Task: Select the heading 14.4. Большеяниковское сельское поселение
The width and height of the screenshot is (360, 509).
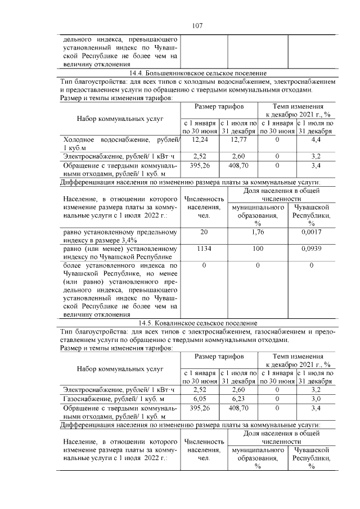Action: pyautogui.click(x=197, y=74)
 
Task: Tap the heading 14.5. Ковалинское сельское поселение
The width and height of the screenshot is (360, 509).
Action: pyautogui.click(x=197, y=323)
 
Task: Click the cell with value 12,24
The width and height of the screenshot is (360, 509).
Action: pyautogui.click(x=200, y=139)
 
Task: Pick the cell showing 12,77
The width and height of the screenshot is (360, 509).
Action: pyautogui.click(x=238, y=139)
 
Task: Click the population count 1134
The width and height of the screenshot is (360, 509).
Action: pyautogui.click(x=204, y=248)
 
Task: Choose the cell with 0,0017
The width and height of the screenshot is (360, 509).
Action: pyautogui.click(x=311, y=232)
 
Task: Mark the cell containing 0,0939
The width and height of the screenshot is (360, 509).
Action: pyautogui.click(x=311, y=248)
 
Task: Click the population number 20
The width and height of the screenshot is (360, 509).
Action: pyautogui.click(x=204, y=232)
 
